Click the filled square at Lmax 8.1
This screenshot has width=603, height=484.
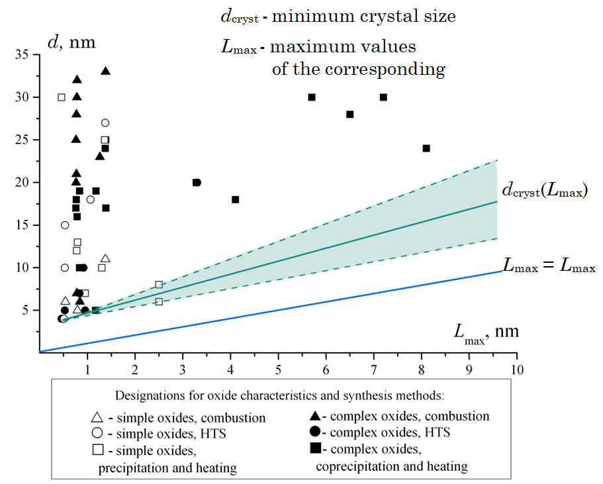point(426,148)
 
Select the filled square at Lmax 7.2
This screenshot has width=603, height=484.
point(383,97)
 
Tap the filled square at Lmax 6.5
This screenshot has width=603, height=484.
point(350,115)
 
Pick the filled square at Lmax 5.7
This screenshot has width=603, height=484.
point(312,97)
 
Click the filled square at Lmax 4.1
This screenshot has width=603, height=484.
point(236,199)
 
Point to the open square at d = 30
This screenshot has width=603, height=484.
point(62,97)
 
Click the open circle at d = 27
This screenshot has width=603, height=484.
point(105,122)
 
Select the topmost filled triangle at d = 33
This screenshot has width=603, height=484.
point(105,71)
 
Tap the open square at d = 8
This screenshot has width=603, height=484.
point(159,285)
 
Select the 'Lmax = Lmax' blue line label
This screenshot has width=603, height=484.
point(549,267)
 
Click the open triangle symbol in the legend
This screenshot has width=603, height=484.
point(97,418)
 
